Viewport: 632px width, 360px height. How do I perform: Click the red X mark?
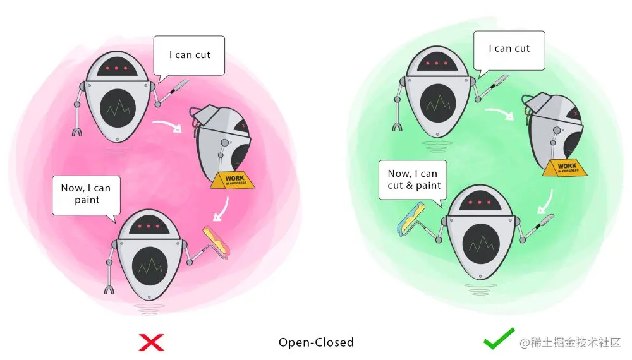click(151, 342)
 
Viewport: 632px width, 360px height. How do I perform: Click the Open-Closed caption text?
click(316, 342)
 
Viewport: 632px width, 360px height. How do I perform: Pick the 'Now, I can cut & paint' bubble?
click(413, 179)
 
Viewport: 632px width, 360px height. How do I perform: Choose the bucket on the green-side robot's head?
click(542, 104)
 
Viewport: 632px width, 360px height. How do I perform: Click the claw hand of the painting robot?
click(109, 290)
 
